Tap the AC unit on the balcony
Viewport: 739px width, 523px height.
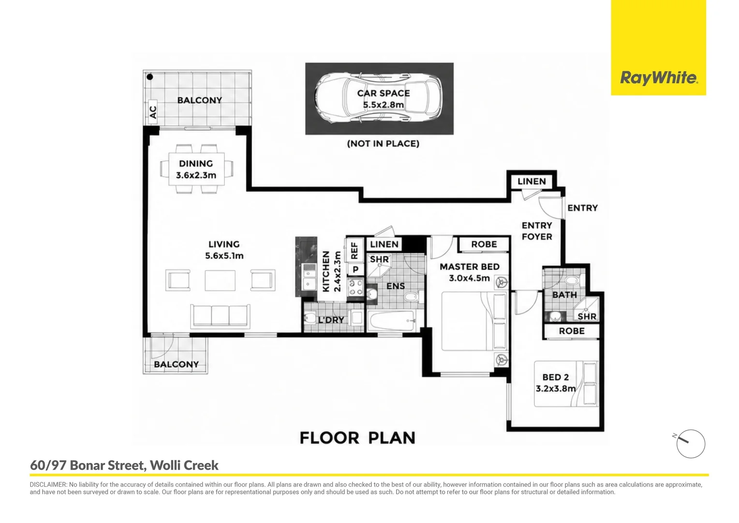pyautogui.click(x=152, y=112)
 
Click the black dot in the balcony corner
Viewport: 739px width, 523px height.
pyautogui.click(x=150, y=77)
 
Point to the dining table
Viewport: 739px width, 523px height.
pyautogui.click(x=197, y=169)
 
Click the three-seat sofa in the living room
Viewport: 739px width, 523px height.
pyautogui.click(x=220, y=316)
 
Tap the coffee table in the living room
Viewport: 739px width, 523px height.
pyautogui.click(x=220, y=280)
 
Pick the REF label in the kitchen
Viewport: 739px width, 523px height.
pyautogui.click(x=354, y=251)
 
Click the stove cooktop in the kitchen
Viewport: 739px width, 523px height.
pyautogui.click(x=355, y=287)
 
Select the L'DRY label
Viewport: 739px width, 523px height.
pyautogui.click(x=331, y=320)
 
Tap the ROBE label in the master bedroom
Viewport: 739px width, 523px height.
pyautogui.click(x=484, y=244)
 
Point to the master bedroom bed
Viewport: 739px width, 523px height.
pyautogui.click(x=474, y=321)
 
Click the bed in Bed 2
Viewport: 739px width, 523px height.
pyautogui.click(x=566, y=384)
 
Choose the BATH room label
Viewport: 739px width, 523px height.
pyautogui.click(x=564, y=295)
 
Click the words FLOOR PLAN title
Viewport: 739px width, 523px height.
pyautogui.click(x=357, y=438)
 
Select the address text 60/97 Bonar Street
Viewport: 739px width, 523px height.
pyautogui.click(x=88, y=465)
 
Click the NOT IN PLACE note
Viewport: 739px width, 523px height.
pyautogui.click(x=383, y=144)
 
